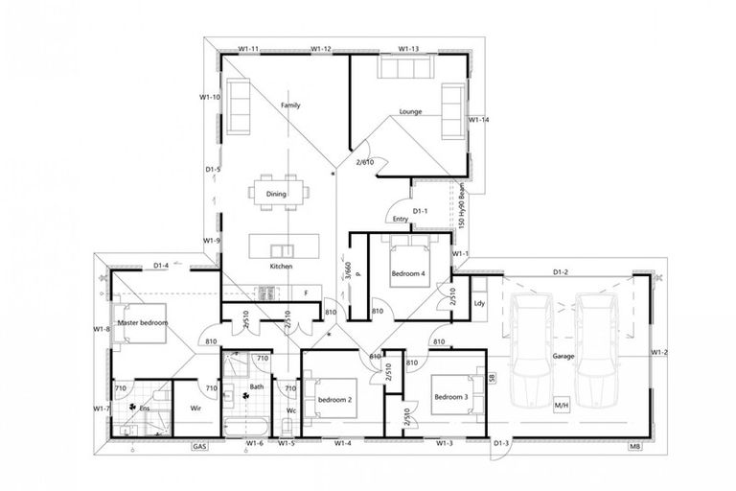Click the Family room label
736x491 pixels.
click(x=291, y=105)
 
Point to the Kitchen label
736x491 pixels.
click(x=280, y=266)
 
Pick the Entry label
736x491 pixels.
click(x=400, y=219)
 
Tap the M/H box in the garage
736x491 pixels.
click(x=562, y=405)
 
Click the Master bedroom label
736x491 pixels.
click(x=143, y=323)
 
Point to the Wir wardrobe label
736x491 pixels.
click(x=195, y=407)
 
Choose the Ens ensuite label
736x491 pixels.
click(x=146, y=408)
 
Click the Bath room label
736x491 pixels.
click(x=257, y=387)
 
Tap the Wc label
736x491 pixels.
click(x=291, y=413)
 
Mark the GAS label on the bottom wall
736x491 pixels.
click(x=199, y=446)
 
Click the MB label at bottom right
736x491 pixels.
click(x=634, y=447)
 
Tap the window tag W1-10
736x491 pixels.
click(x=210, y=97)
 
